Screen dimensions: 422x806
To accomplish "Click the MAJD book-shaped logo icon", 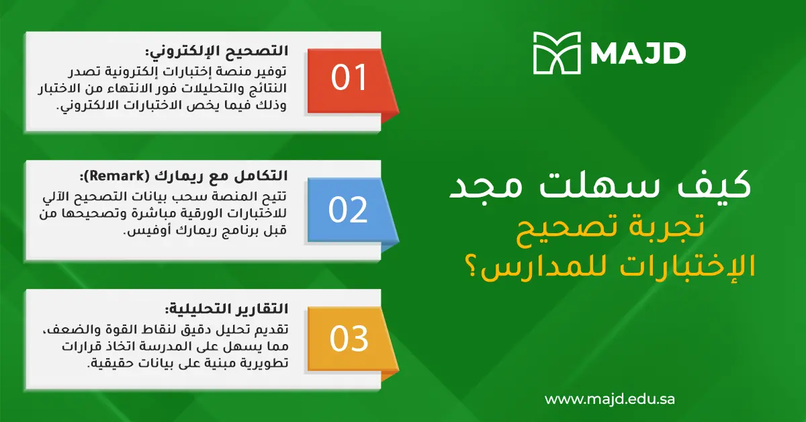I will pyautogui.click(x=557, y=52).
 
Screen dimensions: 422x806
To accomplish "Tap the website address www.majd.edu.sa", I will pyautogui.click(x=609, y=398).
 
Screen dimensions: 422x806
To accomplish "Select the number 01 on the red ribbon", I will pyautogui.click(x=349, y=78).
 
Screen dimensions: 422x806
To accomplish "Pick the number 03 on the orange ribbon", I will pyautogui.click(x=349, y=339).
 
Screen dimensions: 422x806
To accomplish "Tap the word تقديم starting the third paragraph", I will pyautogui.click(x=269, y=328).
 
